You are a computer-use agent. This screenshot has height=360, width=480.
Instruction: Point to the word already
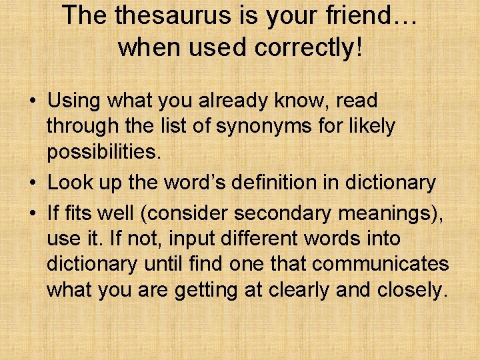point(238,101)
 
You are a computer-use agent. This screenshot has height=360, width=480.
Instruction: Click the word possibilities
point(103,151)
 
